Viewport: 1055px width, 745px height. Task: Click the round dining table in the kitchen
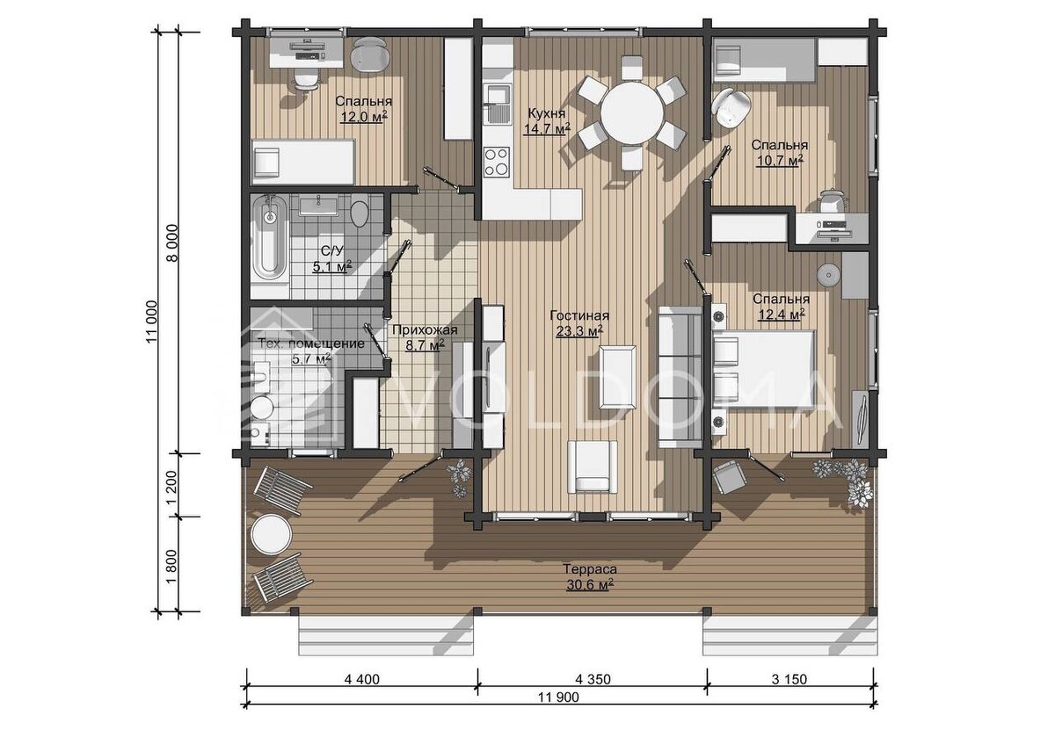[632, 113]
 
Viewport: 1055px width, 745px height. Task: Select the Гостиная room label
[579, 315]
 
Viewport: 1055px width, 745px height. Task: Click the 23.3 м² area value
[579, 331]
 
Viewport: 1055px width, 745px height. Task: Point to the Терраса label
[590, 569]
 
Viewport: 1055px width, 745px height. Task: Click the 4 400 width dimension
[361, 679]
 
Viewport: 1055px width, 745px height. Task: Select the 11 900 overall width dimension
[558, 697]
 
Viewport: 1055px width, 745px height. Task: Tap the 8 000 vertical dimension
[173, 242]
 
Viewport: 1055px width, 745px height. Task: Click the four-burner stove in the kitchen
[497, 162]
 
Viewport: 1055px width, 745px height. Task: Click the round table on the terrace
[271, 534]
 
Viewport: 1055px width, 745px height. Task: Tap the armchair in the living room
[592, 467]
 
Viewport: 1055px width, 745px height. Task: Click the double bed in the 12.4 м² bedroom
[763, 368]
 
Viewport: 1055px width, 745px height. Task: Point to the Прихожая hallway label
[425, 330]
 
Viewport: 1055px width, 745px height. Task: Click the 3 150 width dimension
[789, 679]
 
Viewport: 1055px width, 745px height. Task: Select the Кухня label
[546, 113]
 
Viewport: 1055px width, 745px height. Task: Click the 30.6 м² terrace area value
[590, 585]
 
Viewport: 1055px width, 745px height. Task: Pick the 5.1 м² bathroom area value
[332, 267]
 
